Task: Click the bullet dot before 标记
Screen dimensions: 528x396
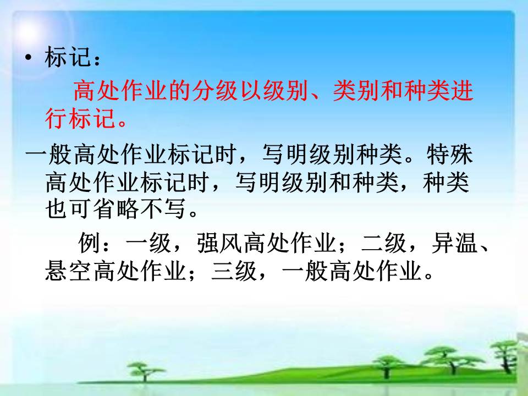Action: click(29, 58)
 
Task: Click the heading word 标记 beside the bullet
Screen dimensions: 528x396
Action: click(68, 57)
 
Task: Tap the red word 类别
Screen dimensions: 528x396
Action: click(356, 91)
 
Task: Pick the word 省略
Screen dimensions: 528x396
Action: click(116, 209)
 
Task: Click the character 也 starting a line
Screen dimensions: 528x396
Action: click(56, 209)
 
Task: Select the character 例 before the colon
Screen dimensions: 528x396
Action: click(89, 243)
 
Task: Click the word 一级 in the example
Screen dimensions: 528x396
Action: click(148, 243)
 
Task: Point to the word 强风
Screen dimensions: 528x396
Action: click(219, 243)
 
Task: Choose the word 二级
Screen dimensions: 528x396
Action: click(384, 243)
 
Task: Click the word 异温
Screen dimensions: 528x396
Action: click(455, 243)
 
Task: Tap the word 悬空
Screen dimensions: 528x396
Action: click(68, 271)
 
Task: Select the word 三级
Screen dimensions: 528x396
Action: click(234, 271)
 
